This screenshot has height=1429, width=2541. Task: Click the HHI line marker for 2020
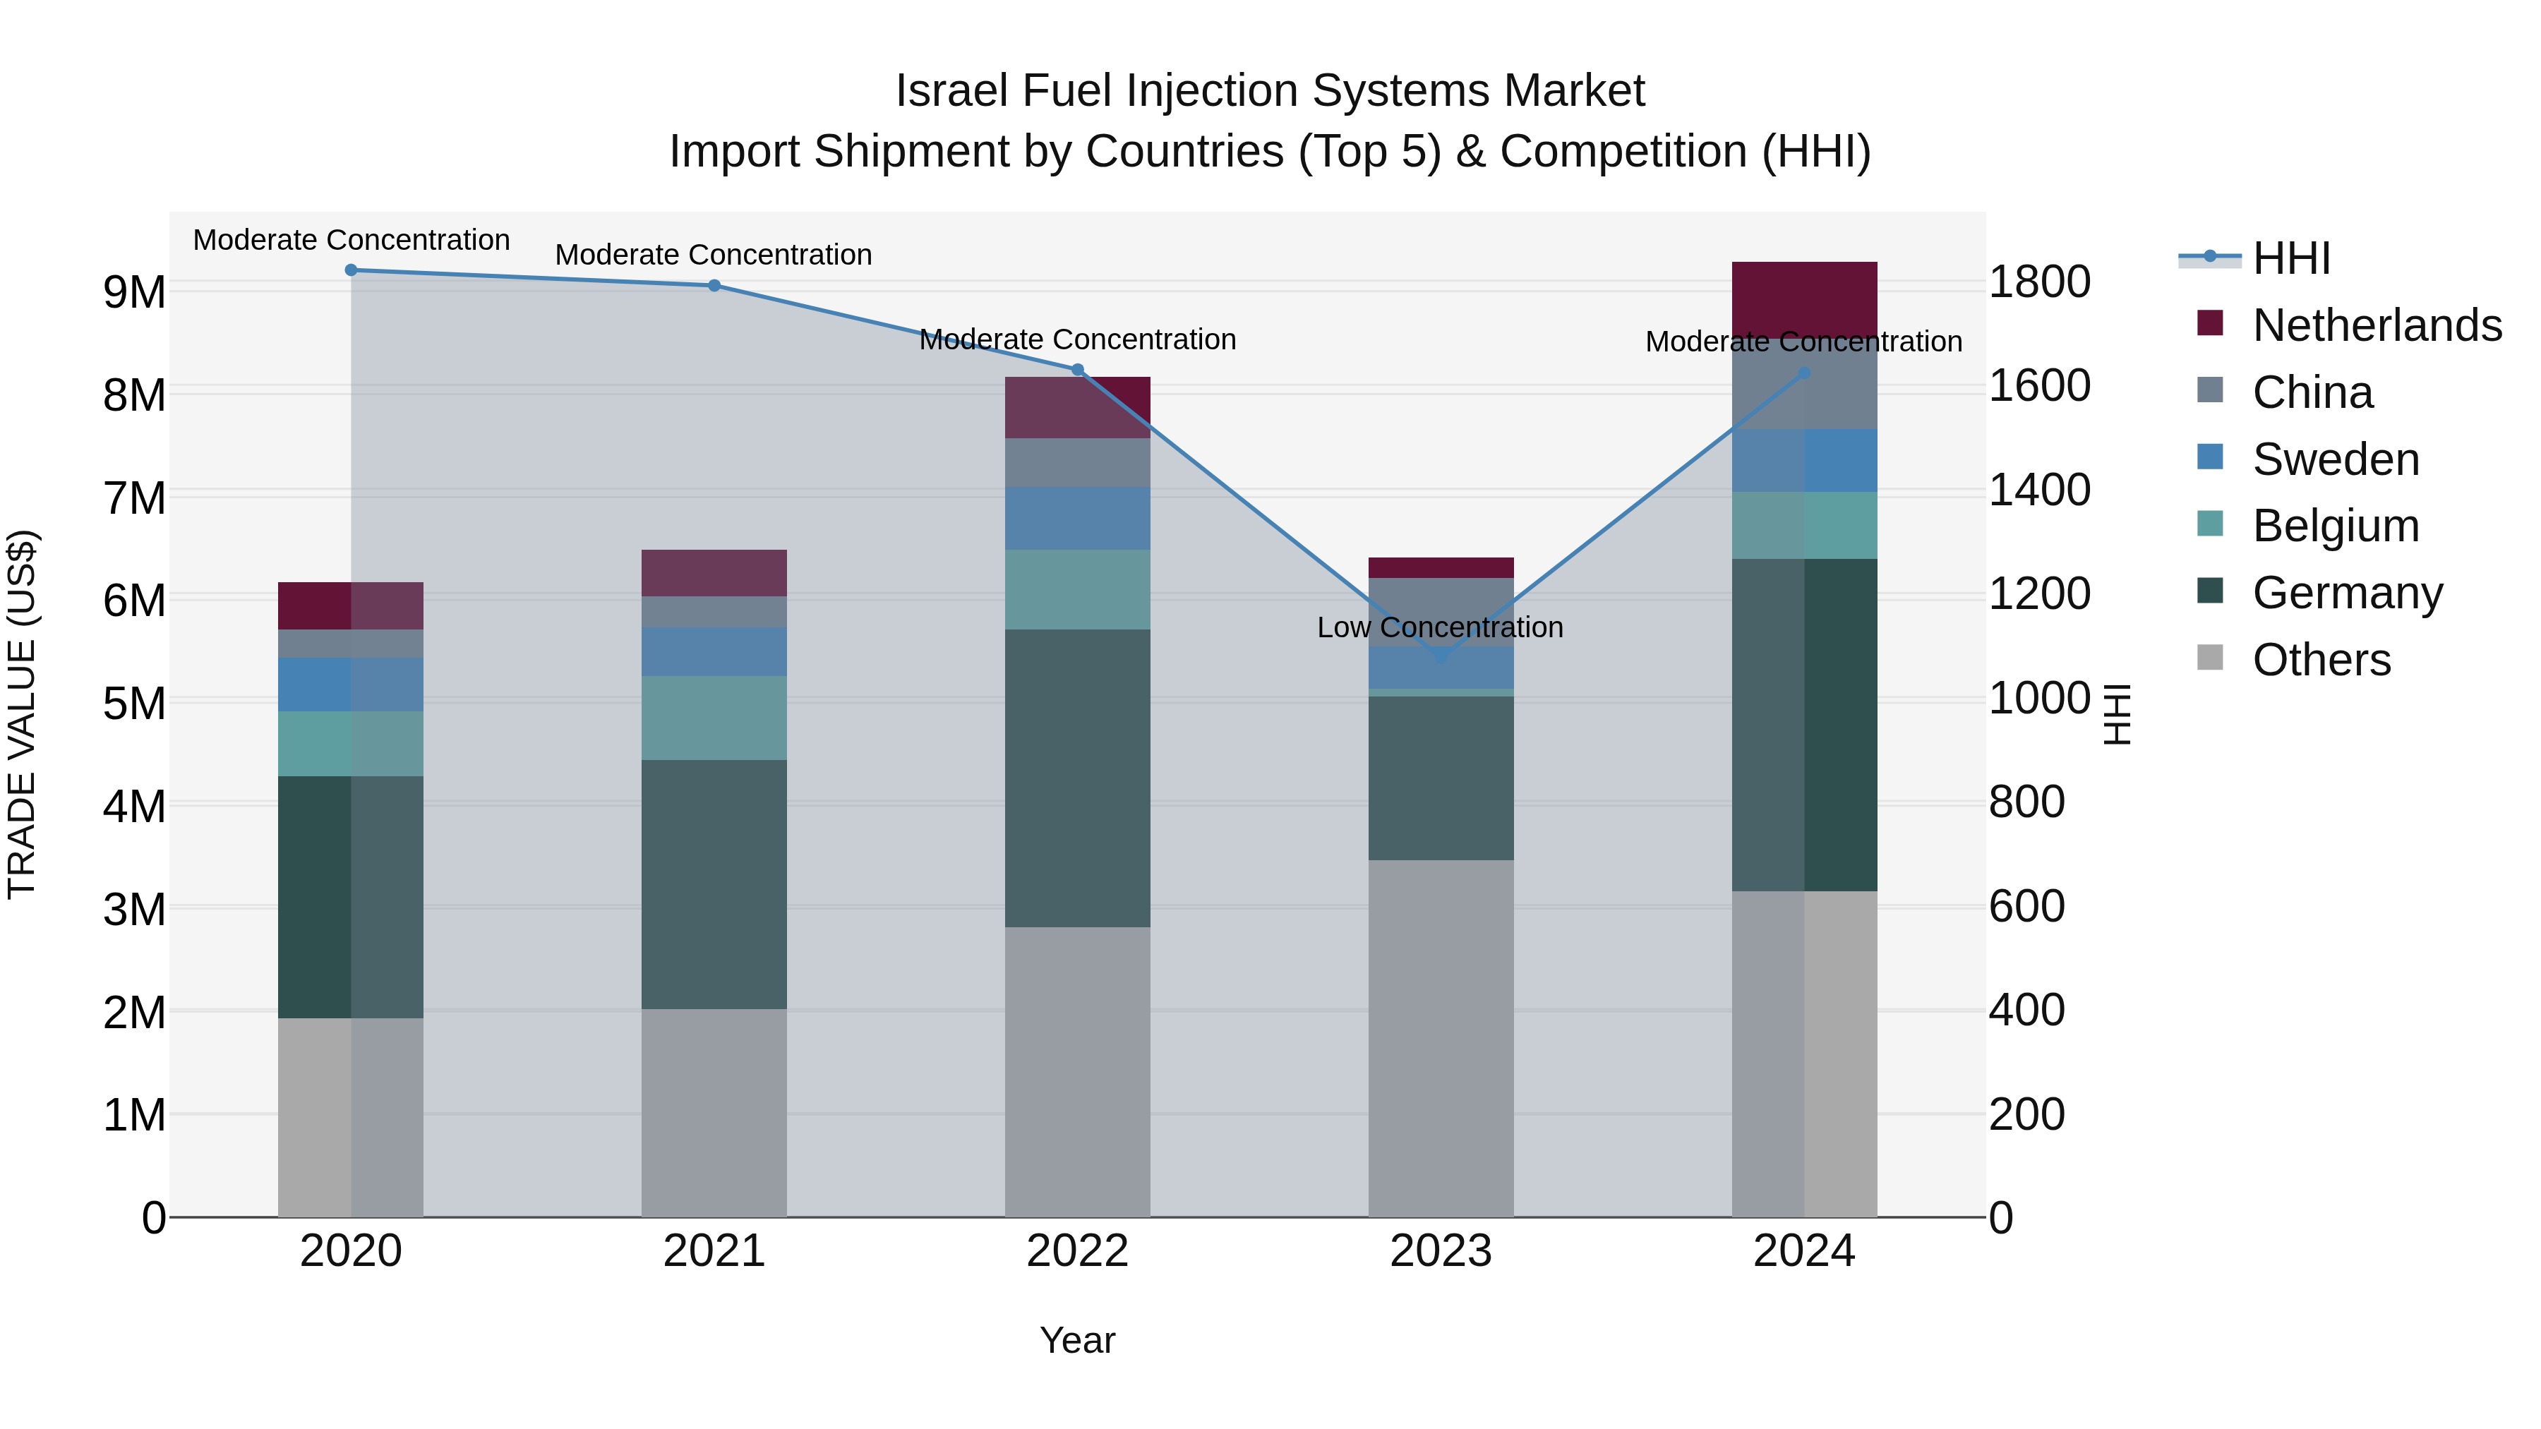tap(352, 270)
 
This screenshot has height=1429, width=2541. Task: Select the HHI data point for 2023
tap(1441, 656)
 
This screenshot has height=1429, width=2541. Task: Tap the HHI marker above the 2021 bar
tap(714, 286)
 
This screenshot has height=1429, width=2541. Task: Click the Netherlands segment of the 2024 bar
tap(1804, 300)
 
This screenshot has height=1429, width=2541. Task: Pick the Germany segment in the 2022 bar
tap(1077, 778)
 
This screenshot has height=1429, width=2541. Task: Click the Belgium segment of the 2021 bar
tap(714, 718)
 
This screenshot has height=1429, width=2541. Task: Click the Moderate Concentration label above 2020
tap(352, 240)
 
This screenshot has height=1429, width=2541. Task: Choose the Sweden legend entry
tap(2335, 459)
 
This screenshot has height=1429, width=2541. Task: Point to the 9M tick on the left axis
tap(134, 293)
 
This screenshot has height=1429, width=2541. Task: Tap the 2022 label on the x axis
tap(1077, 1251)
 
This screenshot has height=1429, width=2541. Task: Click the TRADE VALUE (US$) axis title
tap(22, 714)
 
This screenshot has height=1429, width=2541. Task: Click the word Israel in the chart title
tap(952, 91)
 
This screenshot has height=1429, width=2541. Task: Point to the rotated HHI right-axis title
tap(2117, 714)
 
